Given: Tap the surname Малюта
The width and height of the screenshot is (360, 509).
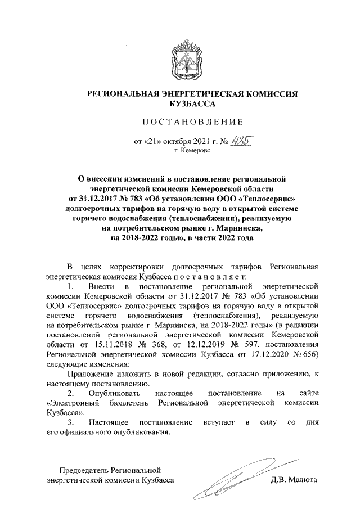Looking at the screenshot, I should click(x=303, y=480).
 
